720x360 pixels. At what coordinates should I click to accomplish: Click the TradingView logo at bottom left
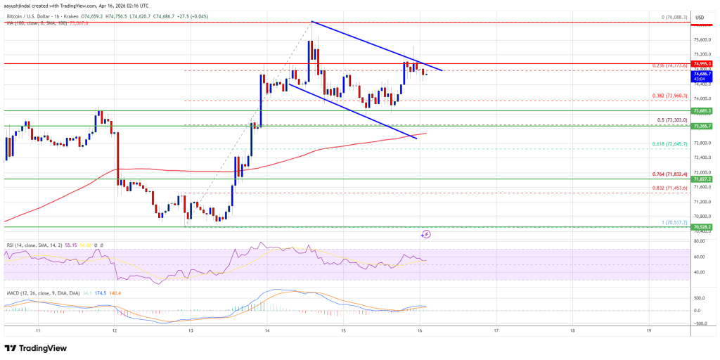(37, 348)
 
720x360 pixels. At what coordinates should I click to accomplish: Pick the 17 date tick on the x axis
(496, 330)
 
